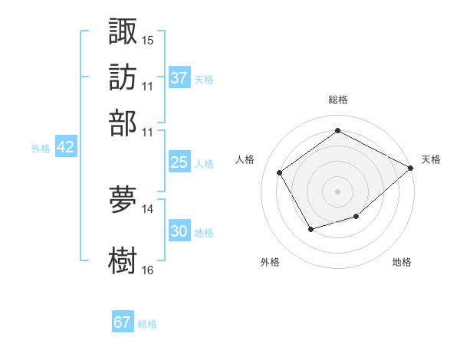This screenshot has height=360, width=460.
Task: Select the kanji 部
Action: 123,123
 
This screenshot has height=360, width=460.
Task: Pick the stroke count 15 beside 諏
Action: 148,39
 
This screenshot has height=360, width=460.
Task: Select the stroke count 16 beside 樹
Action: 148,270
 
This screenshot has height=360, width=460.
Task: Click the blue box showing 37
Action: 179,78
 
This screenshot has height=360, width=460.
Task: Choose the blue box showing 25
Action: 179,162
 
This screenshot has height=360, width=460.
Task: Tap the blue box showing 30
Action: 179,231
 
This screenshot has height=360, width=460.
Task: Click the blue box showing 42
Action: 65,147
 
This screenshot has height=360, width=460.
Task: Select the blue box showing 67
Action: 123,322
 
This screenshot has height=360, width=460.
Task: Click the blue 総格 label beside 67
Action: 147,324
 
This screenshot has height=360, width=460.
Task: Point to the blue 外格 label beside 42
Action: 41,149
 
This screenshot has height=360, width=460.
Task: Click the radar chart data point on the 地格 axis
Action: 356,217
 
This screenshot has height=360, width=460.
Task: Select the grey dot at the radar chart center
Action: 337,191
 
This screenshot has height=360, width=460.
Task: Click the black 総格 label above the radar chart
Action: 337,100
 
